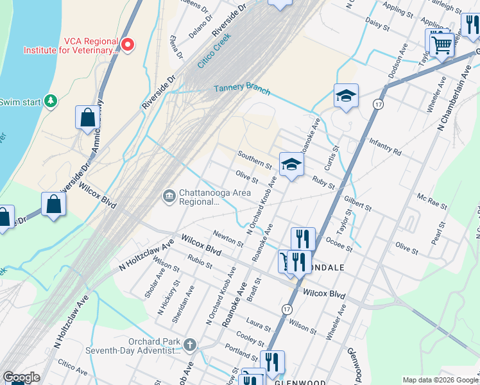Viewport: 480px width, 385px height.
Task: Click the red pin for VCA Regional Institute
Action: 128,44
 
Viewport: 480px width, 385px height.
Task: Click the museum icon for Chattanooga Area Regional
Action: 169,196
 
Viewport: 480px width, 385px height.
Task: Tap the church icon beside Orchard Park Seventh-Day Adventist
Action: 189,346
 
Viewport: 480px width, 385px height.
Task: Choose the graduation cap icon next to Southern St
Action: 291,164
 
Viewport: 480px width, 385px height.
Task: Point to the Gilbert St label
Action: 357,204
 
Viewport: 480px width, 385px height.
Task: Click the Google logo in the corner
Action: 21,378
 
